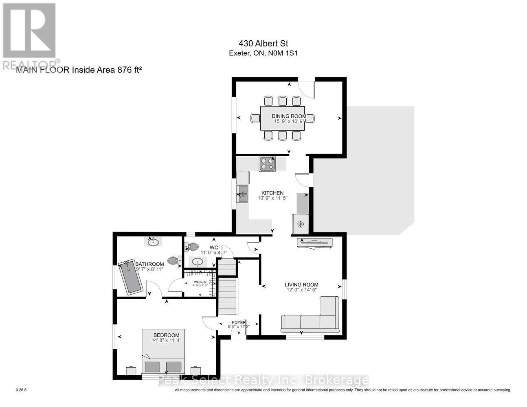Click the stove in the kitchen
pyautogui.click(x=267, y=164)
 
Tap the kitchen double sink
pyautogui.click(x=242, y=194)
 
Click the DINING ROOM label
pyautogui.click(x=289, y=116)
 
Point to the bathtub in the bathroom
pyautogui.click(x=130, y=276)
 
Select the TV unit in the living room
pyautogui.click(x=316, y=243)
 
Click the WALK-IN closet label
pyautogui.click(x=200, y=282)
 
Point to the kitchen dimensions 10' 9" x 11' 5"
pyautogui.click(x=272, y=198)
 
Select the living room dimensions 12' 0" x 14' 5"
pyautogui.click(x=301, y=290)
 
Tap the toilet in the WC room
pyautogui.click(x=191, y=246)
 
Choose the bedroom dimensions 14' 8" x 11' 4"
pyautogui.click(x=166, y=340)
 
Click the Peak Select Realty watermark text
pyautogui.click(x=263, y=381)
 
